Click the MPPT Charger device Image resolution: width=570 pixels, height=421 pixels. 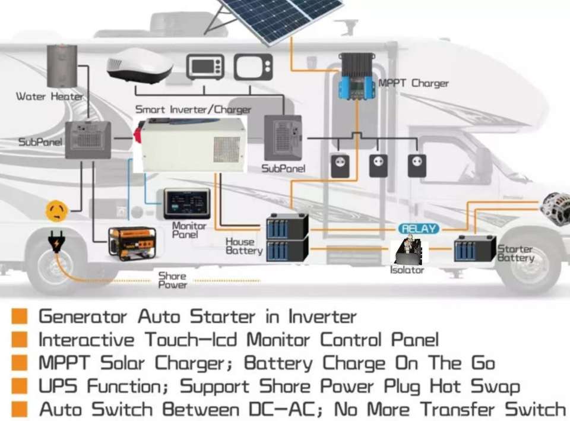(x=356, y=77)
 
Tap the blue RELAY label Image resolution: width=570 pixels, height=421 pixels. (x=419, y=229)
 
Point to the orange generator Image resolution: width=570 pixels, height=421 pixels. (x=132, y=243)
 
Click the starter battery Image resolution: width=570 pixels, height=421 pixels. (x=474, y=248)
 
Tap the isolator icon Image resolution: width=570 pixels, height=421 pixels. (x=408, y=250)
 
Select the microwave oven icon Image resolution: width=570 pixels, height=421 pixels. (x=205, y=67)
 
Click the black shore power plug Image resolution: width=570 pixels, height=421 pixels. (x=56, y=243)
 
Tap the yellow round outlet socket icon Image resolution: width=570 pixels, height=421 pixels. (x=58, y=210)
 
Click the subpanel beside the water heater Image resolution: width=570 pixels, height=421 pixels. (x=88, y=140)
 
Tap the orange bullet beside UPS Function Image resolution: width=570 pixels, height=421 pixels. (x=20, y=387)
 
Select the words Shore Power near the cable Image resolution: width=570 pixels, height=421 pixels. (x=172, y=280)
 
